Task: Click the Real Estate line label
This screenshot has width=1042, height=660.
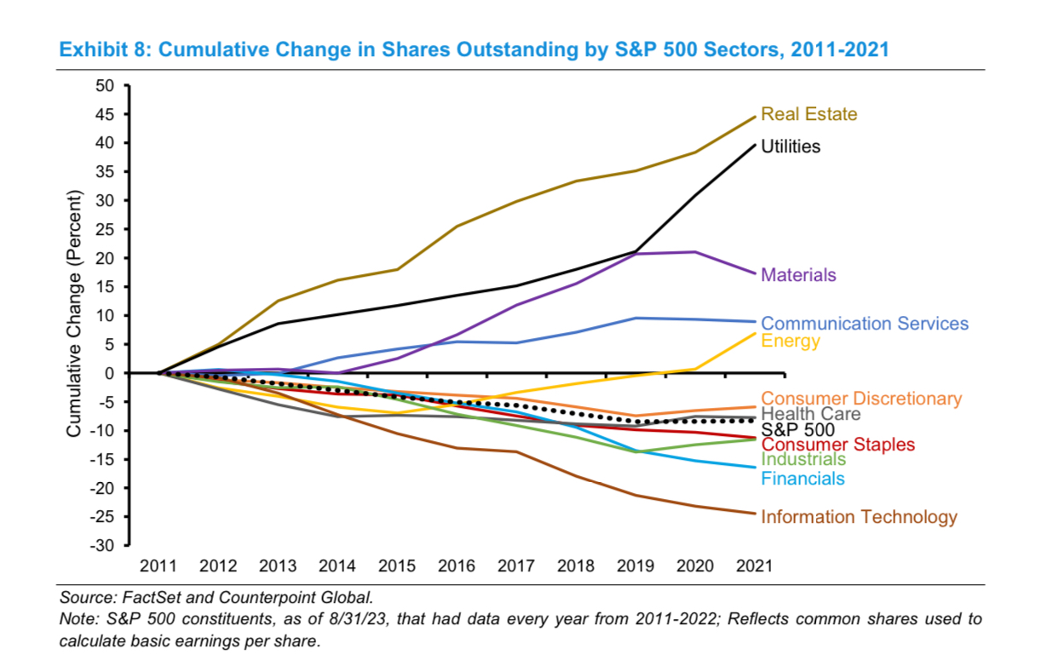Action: click(x=809, y=114)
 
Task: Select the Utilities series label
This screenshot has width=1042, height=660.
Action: click(x=790, y=146)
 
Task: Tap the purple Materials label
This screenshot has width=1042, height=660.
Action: click(x=798, y=275)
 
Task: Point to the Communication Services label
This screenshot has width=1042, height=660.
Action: click(x=864, y=324)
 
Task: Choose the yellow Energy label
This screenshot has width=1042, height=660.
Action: click(x=790, y=341)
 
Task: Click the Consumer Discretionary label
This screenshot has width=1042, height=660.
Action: click(x=861, y=399)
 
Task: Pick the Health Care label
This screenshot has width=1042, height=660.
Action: click(x=810, y=414)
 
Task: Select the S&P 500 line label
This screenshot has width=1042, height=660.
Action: click(x=797, y=429)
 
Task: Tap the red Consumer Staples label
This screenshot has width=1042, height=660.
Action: click(x=838, y=445)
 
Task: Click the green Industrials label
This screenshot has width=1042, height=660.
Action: click(x=803, y=460)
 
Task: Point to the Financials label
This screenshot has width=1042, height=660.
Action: click(x=803, y=479)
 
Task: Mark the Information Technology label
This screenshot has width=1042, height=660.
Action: click(x=859, y=517)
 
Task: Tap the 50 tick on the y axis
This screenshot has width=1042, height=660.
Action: click(x=105, y=86)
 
